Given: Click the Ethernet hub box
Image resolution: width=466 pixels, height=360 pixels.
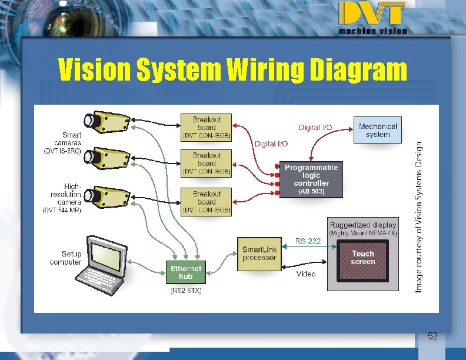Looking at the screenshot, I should coord(185,272).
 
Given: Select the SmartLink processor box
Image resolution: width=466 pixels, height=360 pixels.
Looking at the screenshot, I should coord(259,254).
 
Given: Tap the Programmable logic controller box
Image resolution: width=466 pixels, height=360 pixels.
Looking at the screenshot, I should coord(311,179).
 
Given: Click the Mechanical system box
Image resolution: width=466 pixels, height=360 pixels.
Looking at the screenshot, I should coord(378,130).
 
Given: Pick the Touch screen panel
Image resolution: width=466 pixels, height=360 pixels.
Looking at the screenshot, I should coord(362,259).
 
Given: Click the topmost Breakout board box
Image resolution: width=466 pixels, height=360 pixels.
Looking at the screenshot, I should coord(207,128).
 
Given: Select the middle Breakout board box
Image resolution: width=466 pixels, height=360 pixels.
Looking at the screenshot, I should coord(207,164).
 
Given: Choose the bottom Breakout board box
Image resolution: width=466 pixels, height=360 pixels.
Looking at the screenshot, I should coord(207,202).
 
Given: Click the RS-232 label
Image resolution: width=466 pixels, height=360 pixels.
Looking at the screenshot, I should coord(308,241).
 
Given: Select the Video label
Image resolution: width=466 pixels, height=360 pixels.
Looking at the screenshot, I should coord(305,274).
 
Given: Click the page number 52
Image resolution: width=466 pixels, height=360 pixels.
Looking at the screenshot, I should coord(432,336).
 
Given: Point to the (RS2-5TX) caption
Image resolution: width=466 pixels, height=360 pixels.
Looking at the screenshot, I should coord(185,291).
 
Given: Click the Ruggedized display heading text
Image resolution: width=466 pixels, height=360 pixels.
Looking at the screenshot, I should coord(363,225).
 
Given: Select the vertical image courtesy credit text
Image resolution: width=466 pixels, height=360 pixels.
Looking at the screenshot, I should coord(420,216).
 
